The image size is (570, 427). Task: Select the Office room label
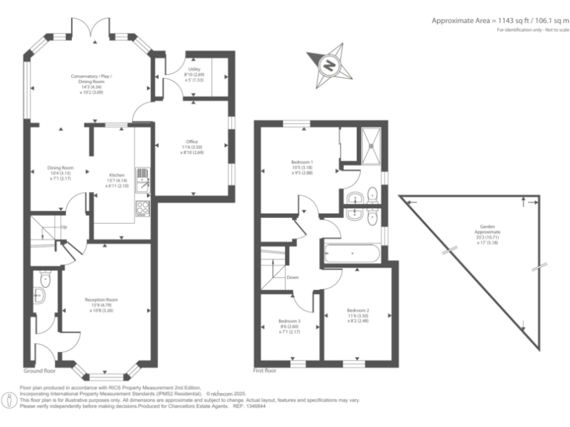tap(192, 145)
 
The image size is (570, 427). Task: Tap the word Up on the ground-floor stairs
tap(65, 227)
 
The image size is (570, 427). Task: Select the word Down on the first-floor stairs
tap(292, 278)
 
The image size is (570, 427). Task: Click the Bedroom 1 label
tap(302, 166)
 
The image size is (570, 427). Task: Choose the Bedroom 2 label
tap(358, 314)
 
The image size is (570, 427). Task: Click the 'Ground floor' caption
tap(39, 370)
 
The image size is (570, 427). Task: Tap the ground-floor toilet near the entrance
tap(45, 281)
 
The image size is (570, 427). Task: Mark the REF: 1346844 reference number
tap(249, 406)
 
